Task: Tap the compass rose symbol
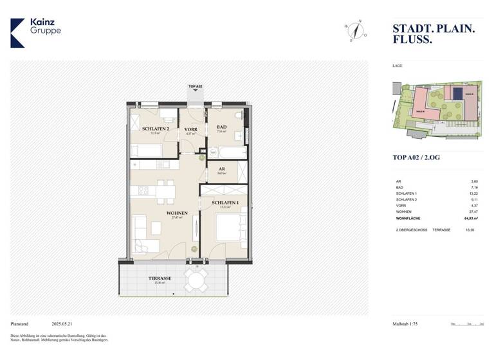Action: point(354,30)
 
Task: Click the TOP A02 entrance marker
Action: point(196,88)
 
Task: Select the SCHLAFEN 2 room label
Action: point(155,129)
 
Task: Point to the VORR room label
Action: point(191,129)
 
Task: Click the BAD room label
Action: point(222,127)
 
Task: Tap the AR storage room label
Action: point(221,170)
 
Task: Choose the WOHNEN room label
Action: point(177,213)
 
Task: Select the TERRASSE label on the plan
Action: point(160,278)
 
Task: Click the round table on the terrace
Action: point(196,280)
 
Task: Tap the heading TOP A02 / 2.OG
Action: point(417,157)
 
